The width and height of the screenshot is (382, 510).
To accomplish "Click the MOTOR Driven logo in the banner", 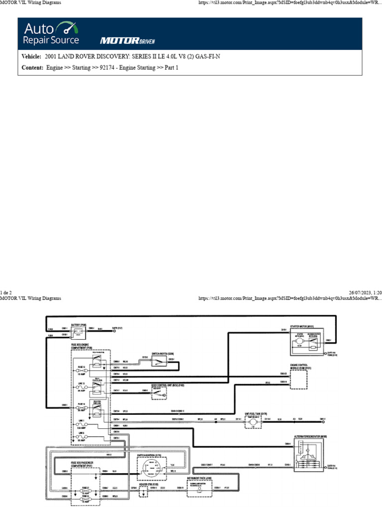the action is point(120,40).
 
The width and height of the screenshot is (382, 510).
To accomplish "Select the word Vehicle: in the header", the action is point(31,57).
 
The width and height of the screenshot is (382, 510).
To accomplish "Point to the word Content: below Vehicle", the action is point(32,68).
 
